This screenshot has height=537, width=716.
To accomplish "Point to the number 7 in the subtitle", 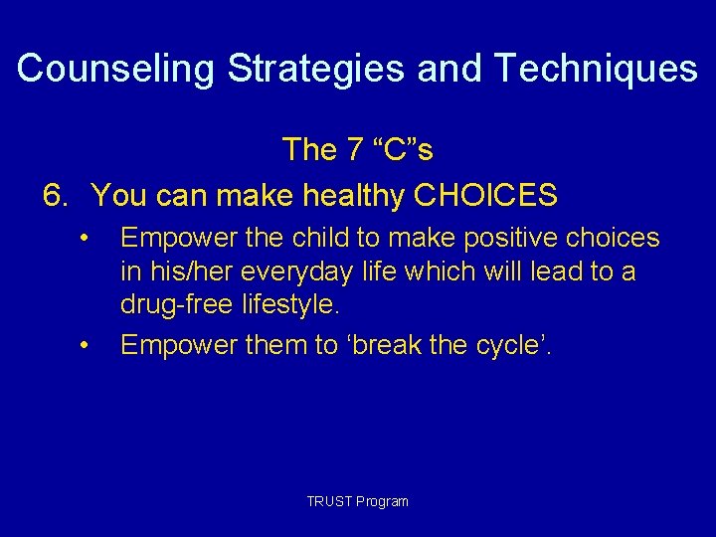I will click(x=354, y=149).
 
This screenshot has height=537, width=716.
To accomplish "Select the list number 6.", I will click(x=56, y=196).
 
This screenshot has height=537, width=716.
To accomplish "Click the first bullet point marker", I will click(x=87, y=238).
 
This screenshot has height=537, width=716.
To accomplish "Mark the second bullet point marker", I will click(x=87, y=345).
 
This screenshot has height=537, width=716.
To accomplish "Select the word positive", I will click(x=514, y=238).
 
